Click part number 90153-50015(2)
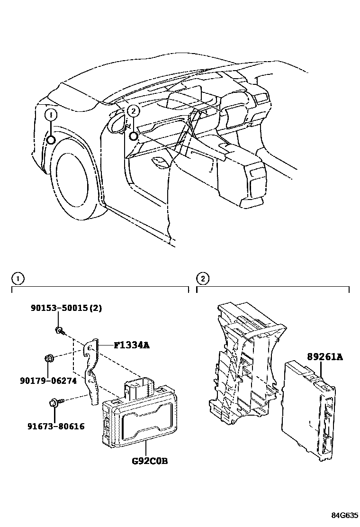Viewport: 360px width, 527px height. coord(66,308)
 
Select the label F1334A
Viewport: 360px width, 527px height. coord(131,345)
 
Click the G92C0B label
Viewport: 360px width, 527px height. coord(149,460)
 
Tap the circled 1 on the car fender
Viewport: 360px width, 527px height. coord(51,115)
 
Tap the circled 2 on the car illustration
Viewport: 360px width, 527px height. coord(134,111)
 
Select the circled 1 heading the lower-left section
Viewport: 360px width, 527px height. coord(17,278)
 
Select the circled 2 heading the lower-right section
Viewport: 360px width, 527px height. coord(202,278)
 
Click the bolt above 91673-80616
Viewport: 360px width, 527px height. coord(54,404)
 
